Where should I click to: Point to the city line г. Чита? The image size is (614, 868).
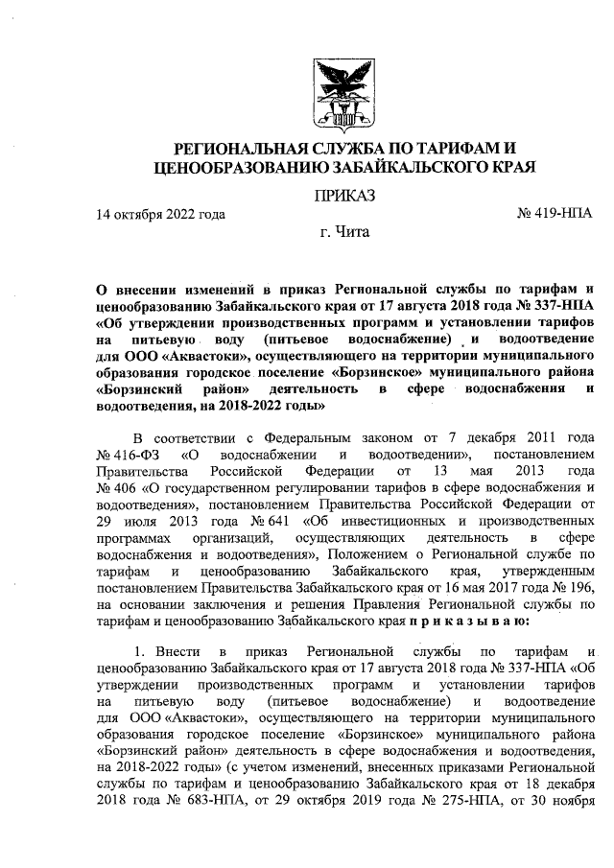343,233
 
